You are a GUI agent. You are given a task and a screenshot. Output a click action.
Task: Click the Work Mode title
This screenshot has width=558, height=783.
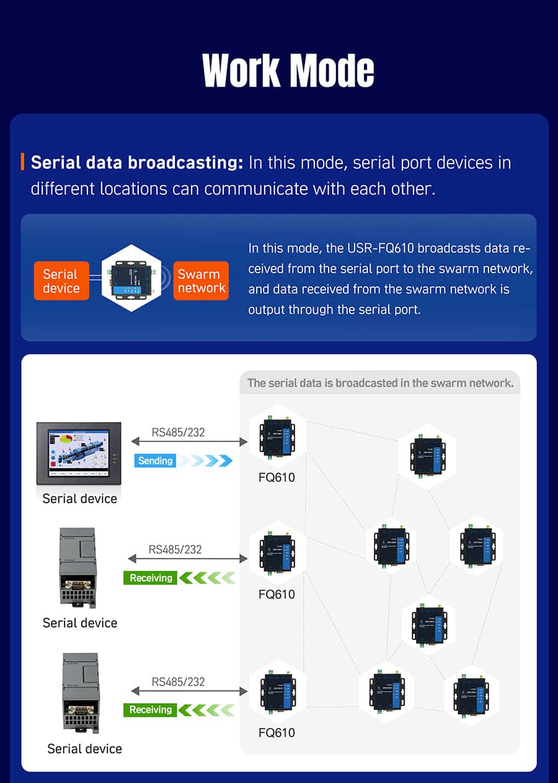(288, 70)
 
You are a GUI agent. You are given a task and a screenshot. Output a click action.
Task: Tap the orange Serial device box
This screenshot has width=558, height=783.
(61, 281)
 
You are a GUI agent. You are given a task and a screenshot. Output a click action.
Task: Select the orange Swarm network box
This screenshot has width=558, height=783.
(201, 281)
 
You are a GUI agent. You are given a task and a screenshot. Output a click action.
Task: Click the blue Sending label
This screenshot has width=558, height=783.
(155, 461)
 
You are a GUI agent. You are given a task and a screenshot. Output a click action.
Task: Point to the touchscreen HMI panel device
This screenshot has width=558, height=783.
(79, 453)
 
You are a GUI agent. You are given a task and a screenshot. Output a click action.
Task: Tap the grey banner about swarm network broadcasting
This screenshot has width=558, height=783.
(380, 383)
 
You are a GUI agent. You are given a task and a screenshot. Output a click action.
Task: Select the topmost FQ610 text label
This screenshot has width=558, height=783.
(277, 478)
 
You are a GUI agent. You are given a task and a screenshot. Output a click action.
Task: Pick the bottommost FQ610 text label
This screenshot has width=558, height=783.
(277, 733)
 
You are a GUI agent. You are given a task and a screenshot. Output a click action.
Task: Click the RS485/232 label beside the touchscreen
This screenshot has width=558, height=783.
(178, 432)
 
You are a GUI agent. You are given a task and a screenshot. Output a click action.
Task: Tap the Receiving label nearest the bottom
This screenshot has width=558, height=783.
(151, 710)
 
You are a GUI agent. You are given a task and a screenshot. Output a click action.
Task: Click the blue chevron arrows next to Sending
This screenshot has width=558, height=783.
(207, 461)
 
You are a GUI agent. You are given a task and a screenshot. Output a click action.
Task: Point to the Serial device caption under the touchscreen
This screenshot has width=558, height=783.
(79, 498)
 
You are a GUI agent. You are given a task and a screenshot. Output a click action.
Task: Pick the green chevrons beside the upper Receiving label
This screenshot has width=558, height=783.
(207, 578)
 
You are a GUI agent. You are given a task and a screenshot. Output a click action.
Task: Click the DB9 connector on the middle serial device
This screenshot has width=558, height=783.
(78, 585)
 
